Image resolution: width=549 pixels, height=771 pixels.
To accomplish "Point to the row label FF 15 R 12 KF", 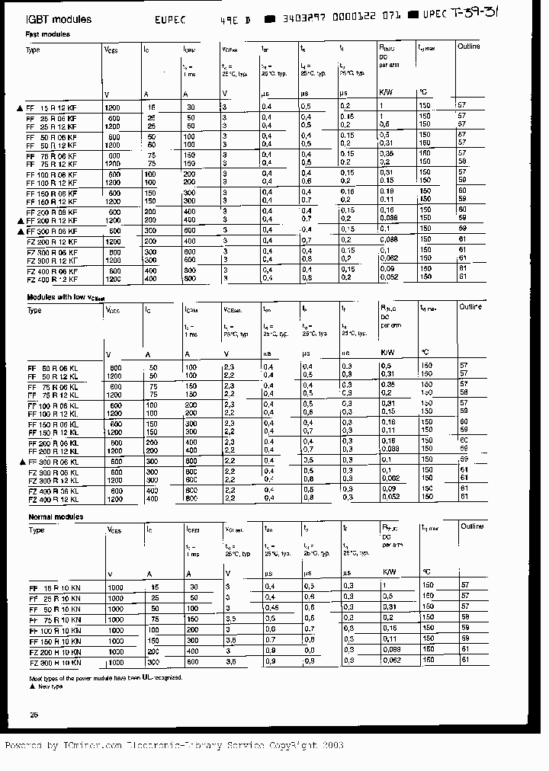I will click(x=51, y=108).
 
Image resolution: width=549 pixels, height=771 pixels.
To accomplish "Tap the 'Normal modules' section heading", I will click(x=55, y=517).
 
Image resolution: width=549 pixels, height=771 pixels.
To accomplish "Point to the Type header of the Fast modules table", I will click(x=34, y=50).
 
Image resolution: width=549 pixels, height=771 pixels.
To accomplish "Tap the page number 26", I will click(x=33, y=714).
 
